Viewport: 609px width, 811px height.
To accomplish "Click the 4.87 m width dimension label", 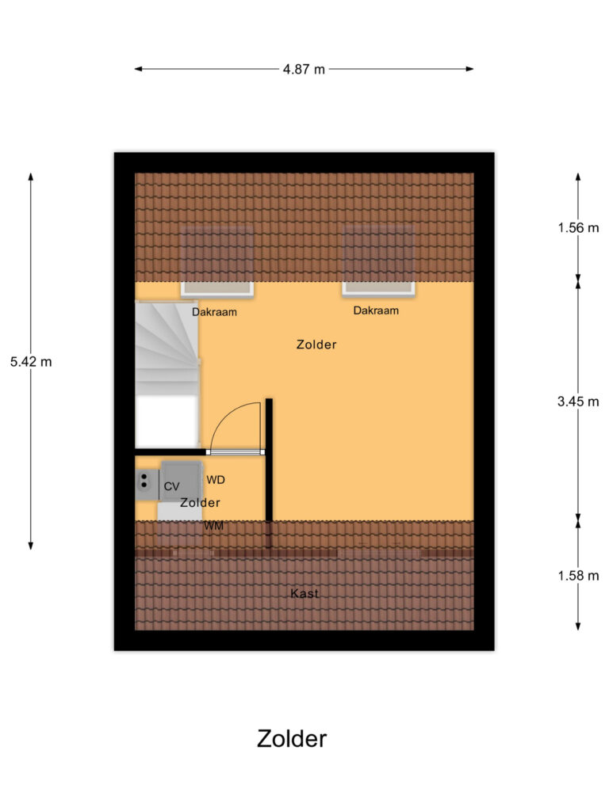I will click(304, 69).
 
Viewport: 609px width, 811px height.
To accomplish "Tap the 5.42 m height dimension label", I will click(31, 362).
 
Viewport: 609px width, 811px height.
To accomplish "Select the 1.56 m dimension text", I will click(578, 228).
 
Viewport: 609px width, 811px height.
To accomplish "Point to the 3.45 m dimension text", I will click(578, 402).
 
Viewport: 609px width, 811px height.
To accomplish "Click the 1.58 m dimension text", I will click(578, 576).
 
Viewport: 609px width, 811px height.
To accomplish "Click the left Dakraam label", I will click(214, 312).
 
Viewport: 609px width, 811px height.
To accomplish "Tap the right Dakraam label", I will click(376, 310).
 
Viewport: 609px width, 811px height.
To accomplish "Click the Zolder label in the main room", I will click(316, 345).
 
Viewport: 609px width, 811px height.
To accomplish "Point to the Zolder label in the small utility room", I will click(200, 503).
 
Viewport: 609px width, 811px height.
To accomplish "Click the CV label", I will click(171, 486).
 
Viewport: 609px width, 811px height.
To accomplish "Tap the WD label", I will click(216, 480).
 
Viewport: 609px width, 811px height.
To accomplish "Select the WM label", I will click(213, 526).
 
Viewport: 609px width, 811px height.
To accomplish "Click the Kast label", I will click(304, 593).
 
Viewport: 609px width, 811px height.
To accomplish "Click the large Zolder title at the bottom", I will click(292, 738).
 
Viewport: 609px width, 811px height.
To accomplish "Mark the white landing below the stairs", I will click(166, 421).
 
